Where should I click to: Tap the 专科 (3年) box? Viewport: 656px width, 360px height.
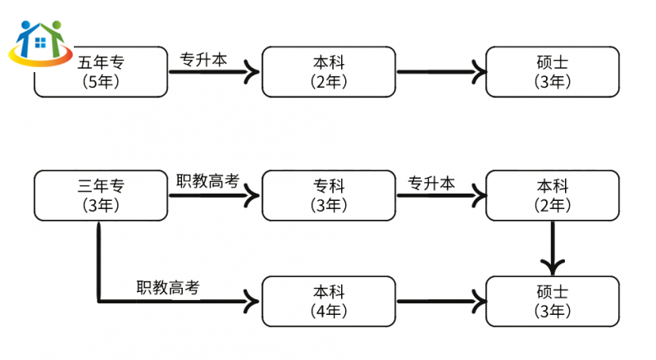coord(329,196)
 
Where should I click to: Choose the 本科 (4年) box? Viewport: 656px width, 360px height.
coord(329,302)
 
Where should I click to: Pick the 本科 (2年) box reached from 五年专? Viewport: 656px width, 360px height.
coord(329,72)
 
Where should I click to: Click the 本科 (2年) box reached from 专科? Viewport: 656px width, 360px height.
coord(552,196)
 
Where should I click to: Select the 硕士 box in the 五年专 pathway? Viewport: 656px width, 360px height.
coord(552,72)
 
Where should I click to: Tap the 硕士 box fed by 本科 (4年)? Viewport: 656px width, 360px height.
coord(552,302)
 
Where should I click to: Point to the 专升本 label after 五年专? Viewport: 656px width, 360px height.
coord(203,59)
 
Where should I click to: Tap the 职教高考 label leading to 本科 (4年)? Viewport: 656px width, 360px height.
coord(168,288)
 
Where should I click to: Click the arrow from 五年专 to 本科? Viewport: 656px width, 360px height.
coord(213,73)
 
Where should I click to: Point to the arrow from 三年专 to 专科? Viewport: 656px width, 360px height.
coord(213,196)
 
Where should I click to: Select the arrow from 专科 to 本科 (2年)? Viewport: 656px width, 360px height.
coord(441,196)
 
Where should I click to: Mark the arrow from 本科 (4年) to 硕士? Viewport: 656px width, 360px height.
coord(441,302)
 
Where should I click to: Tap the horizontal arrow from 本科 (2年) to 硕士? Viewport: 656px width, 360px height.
coord(441,73)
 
